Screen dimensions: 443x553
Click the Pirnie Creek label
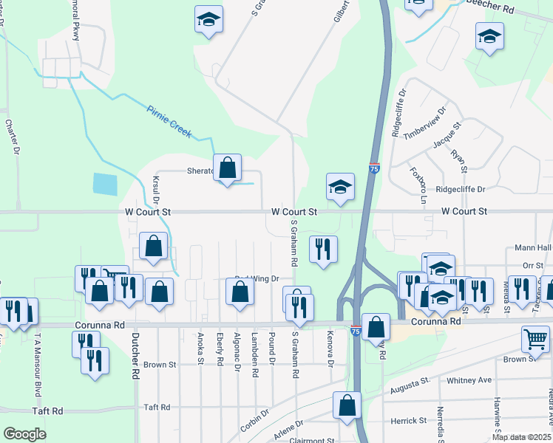pos(169,123)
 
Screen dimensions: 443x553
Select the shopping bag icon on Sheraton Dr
pos(227,168)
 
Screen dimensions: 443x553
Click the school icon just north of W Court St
pos(340,188)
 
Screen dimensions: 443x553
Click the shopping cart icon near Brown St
pos(535,339)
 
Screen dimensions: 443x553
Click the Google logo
pos(24,434)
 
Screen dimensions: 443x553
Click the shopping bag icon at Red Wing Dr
pos(240,292)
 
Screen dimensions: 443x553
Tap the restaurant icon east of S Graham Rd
pos(323,250)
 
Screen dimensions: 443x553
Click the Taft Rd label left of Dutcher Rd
pos(47,411)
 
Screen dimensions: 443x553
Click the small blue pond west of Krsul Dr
pos(106,184)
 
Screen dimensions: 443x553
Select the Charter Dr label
pos(14,137)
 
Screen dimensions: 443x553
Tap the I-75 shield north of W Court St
pos(374,169)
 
